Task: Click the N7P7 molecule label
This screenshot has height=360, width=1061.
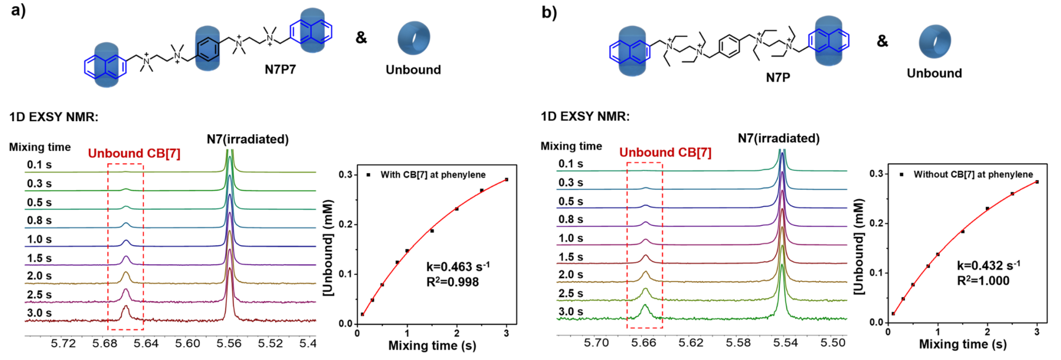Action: coord(280,69)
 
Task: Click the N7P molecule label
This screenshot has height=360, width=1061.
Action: coord(778,77)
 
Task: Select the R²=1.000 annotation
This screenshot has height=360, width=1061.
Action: coord(983,281)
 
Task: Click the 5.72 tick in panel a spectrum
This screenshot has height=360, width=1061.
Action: coord(63,343)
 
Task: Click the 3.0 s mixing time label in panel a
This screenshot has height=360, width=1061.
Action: coord(39,313)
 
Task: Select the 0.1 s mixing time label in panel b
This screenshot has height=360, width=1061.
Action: coord(570,164)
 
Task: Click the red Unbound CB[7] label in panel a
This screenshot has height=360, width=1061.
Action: coord(134,153)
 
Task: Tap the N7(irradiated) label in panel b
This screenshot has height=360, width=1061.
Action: coord(779,138)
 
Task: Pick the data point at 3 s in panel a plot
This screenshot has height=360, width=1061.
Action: coord(506,180)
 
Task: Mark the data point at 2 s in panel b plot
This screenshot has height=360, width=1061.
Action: coord(987,209)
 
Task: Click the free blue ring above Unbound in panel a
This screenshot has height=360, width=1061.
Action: coord(413,38)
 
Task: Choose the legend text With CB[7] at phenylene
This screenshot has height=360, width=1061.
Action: coord(433,175)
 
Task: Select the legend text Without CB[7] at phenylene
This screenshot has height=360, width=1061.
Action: coord(973,175)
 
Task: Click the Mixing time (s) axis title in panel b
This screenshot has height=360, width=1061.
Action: coord(963,344)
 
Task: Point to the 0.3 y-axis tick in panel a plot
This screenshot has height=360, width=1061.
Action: coord(346,175)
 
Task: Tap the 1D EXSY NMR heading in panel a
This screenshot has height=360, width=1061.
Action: coord(54,117)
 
